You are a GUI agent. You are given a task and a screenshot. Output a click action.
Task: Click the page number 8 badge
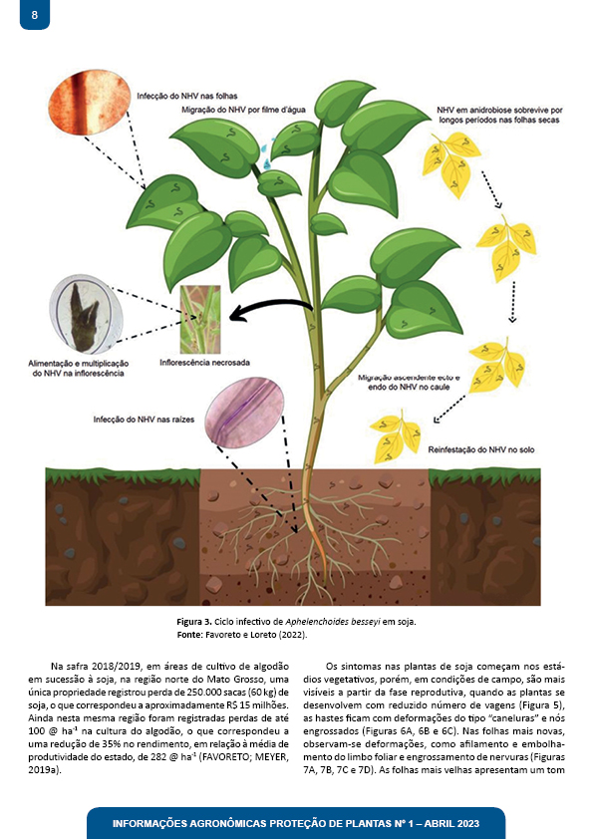pyautogui.click(x=35, y=14)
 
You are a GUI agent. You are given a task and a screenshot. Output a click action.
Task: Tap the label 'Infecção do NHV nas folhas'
pyautogui.click(x=187, y=97)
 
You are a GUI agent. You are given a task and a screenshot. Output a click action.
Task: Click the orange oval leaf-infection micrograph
pyautogui.click(x=90, y=102)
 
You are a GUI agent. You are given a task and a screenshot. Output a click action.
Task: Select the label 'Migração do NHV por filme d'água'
pyautogui.click(x=243, y=110)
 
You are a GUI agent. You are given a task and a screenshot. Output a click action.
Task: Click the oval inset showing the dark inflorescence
pyautogui.click(x=86, y=314)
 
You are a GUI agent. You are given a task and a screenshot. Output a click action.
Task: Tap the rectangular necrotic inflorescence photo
pyautogui.click(x=200, y=320)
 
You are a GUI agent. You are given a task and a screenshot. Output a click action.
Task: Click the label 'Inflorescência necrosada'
pyautogui.click(x=205, y=363)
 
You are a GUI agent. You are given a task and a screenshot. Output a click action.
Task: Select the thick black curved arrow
pyautogui.click(x=270, y=310)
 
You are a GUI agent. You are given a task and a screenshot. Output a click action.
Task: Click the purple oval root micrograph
pyautogui.click(x=244, y=412)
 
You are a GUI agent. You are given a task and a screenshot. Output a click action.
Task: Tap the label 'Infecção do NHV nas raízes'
pyautogui.click(x=144, y=419)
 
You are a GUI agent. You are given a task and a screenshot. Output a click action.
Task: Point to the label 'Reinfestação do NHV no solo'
pyautogui.click(x=481, y=450)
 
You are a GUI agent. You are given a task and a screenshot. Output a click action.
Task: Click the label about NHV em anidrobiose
pyautogui.click(x=499, y=115)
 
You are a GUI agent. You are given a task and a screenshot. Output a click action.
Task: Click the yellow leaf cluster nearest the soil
pyautogui.click(x=395, y=436)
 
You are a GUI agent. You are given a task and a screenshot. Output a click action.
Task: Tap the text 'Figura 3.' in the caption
pyautogui.click(x=194, y=622)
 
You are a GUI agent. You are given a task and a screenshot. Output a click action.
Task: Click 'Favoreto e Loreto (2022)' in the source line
pyautogui.click(x=256, y=635)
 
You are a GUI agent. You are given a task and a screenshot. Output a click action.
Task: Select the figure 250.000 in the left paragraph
pyautogui.click(x=208, y=693)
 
